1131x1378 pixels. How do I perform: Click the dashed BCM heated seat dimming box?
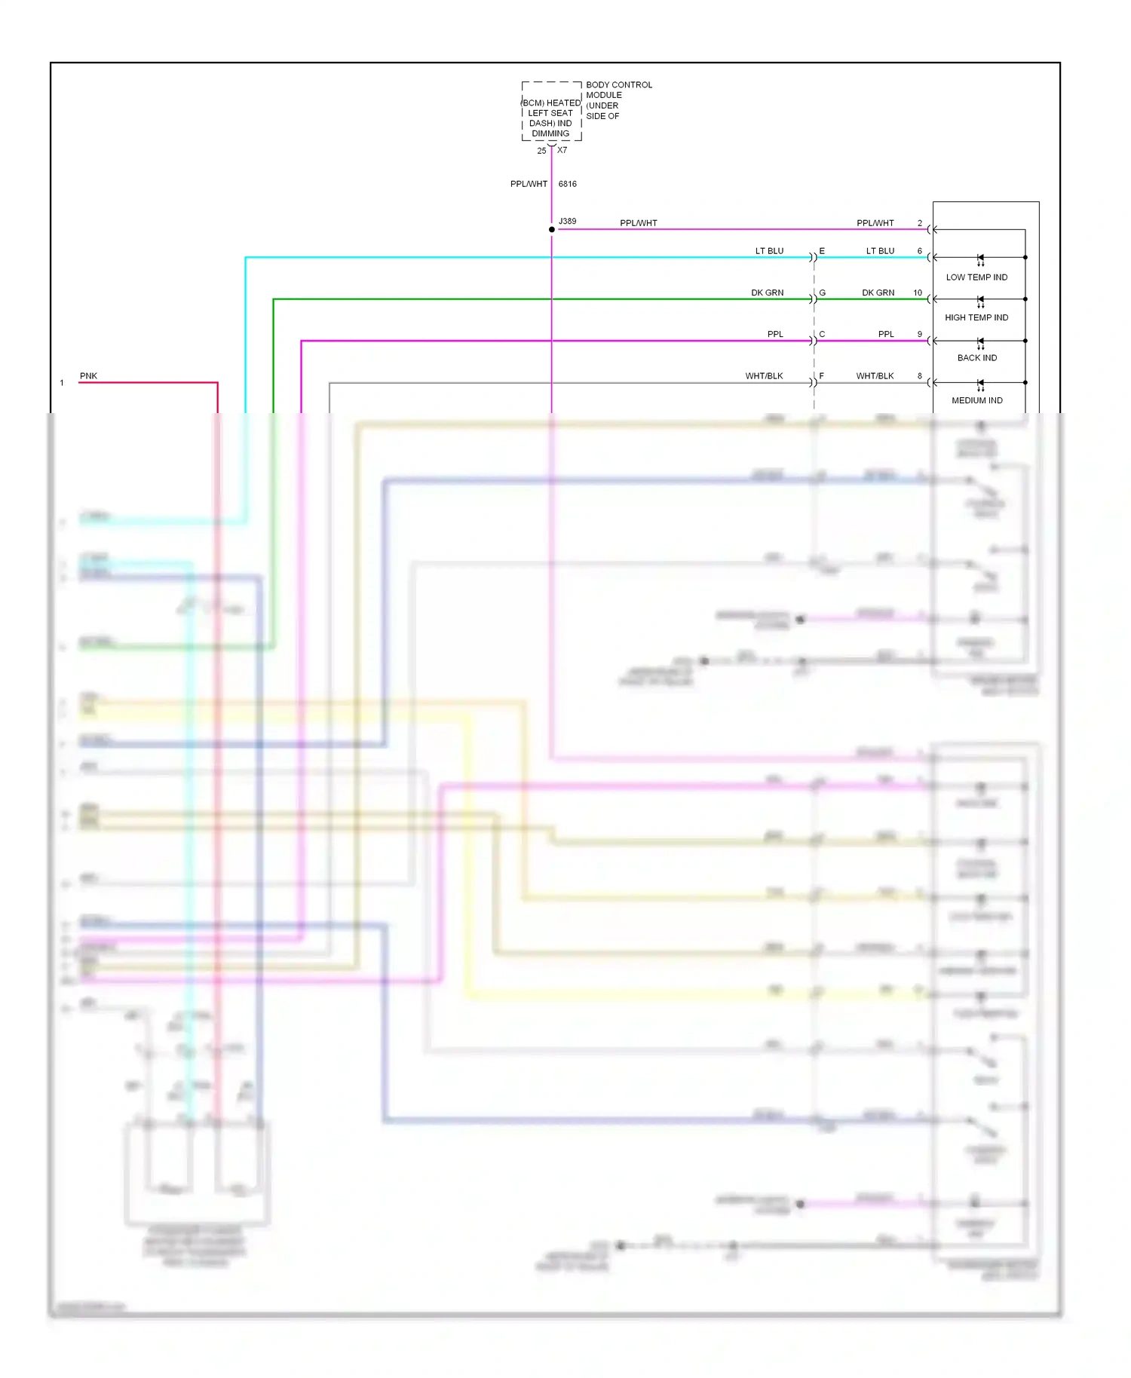point(551,112)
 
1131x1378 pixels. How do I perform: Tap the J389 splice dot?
point(552,229)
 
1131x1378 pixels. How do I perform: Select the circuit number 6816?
point(567,184)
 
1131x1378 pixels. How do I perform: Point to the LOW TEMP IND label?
point(976,277)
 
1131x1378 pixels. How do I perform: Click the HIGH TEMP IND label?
point(976,317)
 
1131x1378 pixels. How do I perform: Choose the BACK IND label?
point(976,358)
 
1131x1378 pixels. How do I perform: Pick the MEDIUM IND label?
point(976,400)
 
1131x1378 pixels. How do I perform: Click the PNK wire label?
point(88,376)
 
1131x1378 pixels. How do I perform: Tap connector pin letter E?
point(822,251)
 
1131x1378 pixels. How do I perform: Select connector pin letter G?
point(822,292)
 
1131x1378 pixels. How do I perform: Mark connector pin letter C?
point(822,334)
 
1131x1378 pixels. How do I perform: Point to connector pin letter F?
point(822,375)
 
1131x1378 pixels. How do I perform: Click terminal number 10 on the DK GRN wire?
point(918,292)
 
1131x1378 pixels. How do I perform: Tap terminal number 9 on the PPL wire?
point(919,334)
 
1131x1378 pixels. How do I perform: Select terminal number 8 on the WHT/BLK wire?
point(919,375)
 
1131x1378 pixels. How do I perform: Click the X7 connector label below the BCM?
point(562,150)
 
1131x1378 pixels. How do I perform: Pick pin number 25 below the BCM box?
point(541,151)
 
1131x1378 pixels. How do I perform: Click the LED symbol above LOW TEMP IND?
point(980,259)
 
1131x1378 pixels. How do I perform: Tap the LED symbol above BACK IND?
point(980,342)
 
